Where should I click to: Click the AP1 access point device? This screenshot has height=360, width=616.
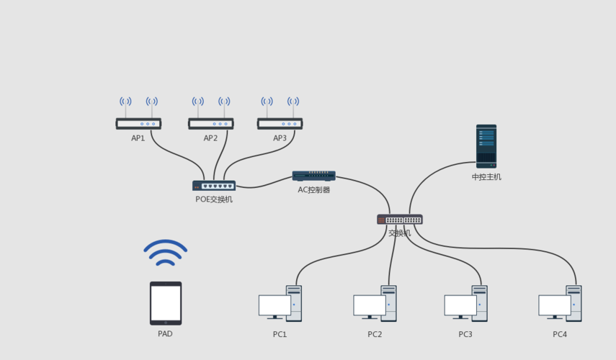tap(138, 123)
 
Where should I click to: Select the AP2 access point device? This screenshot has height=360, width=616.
tap(210, 123)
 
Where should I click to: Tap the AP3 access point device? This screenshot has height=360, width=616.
tap(280, 123)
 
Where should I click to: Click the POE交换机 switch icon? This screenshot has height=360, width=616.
tap(214, 186)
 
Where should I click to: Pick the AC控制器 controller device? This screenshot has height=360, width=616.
tap(313, 176)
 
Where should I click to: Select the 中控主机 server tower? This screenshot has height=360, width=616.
tap(486, 146)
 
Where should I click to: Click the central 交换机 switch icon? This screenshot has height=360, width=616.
tap(400, 220)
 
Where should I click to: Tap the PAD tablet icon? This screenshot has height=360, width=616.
tap(166, 303)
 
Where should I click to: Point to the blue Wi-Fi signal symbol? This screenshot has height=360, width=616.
tap(165, 252)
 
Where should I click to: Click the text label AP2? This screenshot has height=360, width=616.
tap(210, 138)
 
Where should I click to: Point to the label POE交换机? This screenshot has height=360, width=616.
tap(214, 199)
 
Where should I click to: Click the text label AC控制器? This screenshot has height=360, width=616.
tap(313, 190)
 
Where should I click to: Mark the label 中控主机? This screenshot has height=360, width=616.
tap(486, 177)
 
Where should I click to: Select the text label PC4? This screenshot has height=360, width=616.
tap(560, 334)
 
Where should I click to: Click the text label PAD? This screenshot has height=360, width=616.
tap(165, 334)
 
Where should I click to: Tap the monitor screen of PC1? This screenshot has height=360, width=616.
tap(274, 305)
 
